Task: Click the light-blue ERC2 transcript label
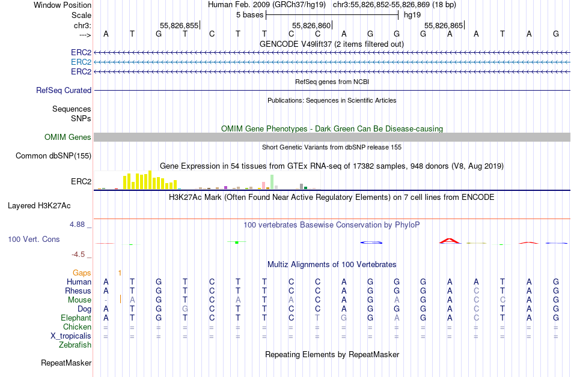81,62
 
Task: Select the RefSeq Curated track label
64,91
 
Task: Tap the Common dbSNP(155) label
53,156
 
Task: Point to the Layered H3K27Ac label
39,206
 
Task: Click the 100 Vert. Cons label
34,240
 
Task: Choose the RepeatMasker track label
66,363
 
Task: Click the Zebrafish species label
75,345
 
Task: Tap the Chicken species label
77,327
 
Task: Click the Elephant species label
76,318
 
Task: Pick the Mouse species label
79,300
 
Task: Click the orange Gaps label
82,273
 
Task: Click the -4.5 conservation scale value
82,255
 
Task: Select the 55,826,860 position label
311,26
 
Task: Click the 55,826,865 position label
444,26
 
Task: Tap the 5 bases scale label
249,14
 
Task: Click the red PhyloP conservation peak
449,241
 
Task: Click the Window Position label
63,5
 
